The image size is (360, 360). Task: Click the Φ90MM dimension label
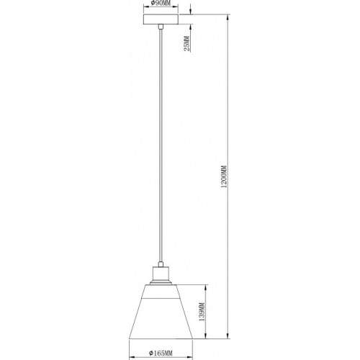pos(161,3)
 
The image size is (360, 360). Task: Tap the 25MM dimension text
pos(186,44)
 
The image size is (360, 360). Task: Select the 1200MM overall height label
pos(224,176)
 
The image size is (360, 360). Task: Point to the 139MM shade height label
pos(202,312)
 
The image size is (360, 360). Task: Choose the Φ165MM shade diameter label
pos(161,353)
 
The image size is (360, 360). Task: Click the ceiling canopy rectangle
pos(161,19)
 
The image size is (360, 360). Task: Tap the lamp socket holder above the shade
pos(161,274)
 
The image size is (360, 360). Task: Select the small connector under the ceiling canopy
pos(161,27)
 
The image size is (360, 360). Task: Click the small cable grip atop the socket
pos(161,264)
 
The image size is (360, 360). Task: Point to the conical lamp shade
pos(161,312)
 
